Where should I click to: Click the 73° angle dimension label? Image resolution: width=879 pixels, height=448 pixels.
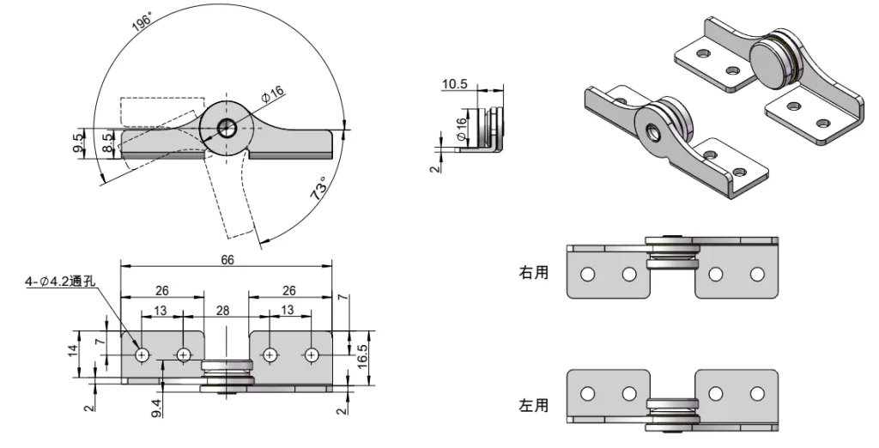[319, 190]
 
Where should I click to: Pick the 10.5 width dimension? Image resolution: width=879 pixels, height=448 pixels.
[454, 84]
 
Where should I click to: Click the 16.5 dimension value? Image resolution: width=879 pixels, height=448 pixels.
[363, 352]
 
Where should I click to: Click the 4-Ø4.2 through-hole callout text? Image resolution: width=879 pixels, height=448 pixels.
[59, 281]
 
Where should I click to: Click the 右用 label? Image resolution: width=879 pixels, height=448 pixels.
[532, 272]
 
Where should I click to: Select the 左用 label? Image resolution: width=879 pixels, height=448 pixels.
[532, 405]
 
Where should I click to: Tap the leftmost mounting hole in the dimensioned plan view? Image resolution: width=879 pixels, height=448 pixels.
[142, 354]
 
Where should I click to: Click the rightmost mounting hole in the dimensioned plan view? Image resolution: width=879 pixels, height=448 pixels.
[311, 354]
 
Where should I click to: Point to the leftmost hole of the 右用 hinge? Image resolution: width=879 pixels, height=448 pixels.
[588, 274]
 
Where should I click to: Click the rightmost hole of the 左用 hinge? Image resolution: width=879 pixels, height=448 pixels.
[757, 393]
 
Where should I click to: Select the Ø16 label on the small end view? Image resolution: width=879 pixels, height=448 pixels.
[462, 129]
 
